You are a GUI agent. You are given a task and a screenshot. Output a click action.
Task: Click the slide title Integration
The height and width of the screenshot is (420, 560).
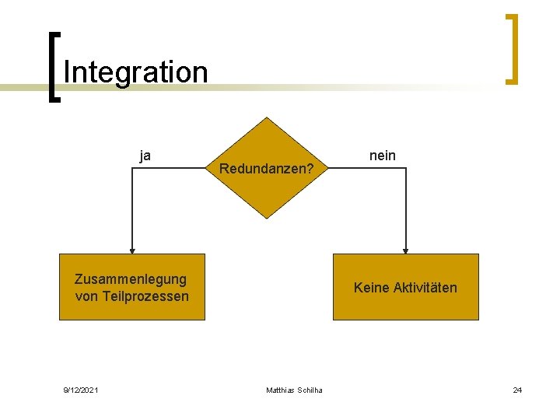[x=135, y=72]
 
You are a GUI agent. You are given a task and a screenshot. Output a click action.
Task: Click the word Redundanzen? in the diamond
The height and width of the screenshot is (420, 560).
[x=267, y=168]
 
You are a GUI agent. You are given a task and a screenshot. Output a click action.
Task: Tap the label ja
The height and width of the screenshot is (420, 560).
[x=145, y=155]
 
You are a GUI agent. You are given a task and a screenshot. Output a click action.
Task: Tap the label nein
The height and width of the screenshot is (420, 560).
[x=382, y=156]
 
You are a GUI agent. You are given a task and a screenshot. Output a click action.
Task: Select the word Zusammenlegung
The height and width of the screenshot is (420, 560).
[x=130, y=279]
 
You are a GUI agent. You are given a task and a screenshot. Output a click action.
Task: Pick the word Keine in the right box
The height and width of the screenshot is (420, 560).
[x=371, y=288]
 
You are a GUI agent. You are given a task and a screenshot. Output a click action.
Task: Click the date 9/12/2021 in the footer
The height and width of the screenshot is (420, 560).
[x=80, y=390]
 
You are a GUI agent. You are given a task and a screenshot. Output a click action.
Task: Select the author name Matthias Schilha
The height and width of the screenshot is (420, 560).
[x=294, y=390]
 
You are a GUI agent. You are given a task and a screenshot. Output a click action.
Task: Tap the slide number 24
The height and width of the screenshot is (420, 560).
[x=517, y=390]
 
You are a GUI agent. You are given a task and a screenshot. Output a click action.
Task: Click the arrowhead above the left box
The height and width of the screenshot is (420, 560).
[x=132, y=250]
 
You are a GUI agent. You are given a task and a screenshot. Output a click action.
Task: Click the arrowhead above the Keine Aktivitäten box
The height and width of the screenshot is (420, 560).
[x=405, y=250]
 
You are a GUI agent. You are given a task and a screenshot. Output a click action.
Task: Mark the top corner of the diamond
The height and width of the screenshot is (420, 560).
[x=267, y=118]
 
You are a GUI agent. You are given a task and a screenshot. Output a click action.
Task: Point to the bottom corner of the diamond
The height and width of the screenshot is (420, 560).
[x=267, y=218]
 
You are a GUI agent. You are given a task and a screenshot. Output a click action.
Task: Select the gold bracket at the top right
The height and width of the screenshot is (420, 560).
[x=512, y=48]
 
